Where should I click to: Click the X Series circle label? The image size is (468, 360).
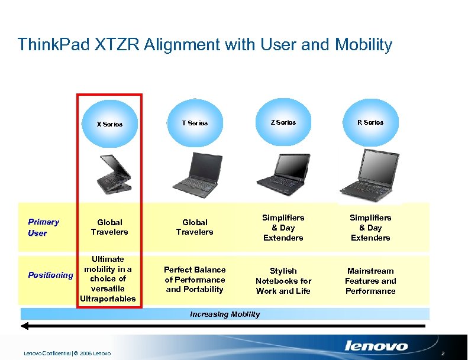pos(109,124)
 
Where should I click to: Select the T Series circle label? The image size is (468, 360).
pos(195,123)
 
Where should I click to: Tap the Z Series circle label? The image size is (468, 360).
pos(283,122)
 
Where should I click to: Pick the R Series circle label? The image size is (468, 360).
pos(370,122)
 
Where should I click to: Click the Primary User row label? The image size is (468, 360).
pos(44,227)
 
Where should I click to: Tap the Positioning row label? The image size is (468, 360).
pos(51,275)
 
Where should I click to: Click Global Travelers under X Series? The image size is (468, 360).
pos(109,227)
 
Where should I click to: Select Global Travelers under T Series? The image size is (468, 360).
pos(195,227)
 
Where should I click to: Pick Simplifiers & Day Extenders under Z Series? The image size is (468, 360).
pos(283,228)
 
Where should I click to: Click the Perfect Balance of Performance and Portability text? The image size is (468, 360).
pos(195,280)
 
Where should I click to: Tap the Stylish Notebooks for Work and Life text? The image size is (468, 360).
pos(283,281)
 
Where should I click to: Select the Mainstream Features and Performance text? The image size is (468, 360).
pos(370,281)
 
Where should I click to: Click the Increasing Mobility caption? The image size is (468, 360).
pos(225,314)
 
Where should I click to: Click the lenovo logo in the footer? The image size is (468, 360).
pos(376,346)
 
